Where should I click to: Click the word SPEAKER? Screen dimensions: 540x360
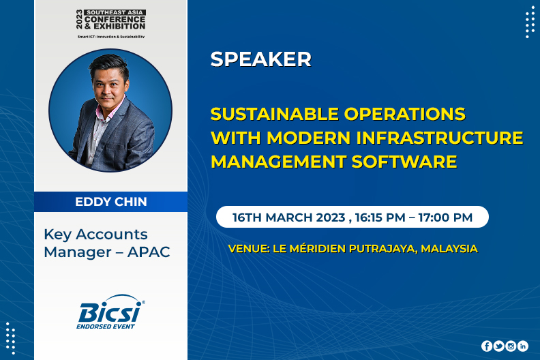pyautogui.click(x=260, y=59)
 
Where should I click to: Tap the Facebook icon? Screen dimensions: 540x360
pyautogui.click(x=487, y=346)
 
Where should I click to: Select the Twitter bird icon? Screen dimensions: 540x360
pyautogui.click(x=498, y=346)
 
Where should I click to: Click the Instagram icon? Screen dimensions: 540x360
pyautogui.click(x=511, y=346)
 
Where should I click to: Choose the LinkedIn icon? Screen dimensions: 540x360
pyautogui.click(x=523, y=346)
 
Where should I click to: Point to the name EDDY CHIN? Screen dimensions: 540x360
pyautogui.click(x=111, y=202)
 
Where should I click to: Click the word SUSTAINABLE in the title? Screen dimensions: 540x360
pyautogui.click(x=275, y=114)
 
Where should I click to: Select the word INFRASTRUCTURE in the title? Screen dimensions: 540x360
pyautogui.click(x=440, y=138)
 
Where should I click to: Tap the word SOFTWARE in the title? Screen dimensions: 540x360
pyautogui.click(x=404, y=162)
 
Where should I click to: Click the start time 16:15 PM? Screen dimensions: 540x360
pyautogui.click(x=380, y=217)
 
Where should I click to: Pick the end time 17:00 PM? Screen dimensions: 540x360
pyautogui.click(x=445, y=217)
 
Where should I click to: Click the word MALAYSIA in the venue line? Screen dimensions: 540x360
pyautogui.click(x=449, y=248)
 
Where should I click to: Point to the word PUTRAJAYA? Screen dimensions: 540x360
pyautogui.click(x=383, y=249)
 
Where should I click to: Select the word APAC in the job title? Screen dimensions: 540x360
pyautogui.click(x=149, y=252)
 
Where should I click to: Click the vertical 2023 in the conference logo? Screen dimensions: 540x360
pyautogui.click(x=80, y=19)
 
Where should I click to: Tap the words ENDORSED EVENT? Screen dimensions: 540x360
pyautogui.click(x=106, y=326)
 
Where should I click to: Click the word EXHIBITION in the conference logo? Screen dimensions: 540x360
pyautogui.click(x=119, y=27)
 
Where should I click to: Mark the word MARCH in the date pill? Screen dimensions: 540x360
pyautogui.click(x=288, y=217)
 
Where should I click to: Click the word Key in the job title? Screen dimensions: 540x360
pyautogui.click(x=57, y=235)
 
